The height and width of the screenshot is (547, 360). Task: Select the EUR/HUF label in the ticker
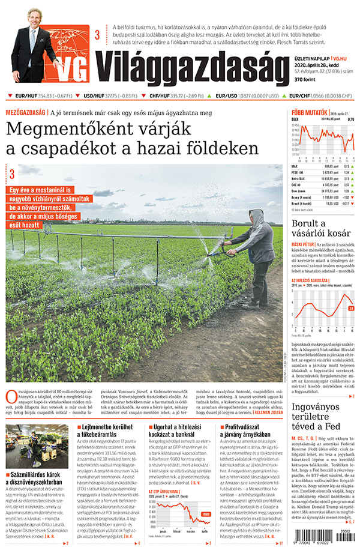pos(25,95)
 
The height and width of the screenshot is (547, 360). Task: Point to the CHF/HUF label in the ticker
pos(158,95)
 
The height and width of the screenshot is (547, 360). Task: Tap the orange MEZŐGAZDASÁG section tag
pos(26,112)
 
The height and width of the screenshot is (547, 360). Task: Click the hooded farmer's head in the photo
pos(256,217)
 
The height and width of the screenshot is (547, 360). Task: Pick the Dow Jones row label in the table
pos(299,192)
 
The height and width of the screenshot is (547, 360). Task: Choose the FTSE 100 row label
pos(299,172)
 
